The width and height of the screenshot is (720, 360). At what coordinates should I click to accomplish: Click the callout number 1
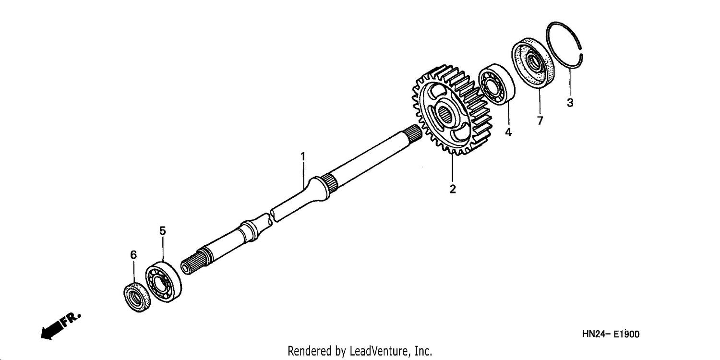[x=302, y=157]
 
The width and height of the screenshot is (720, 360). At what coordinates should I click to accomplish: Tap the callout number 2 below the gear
[x=453, y=189]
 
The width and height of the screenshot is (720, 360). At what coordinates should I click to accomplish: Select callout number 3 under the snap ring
[x=570, y=103]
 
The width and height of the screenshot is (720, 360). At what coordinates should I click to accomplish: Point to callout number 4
[x=508, y=132]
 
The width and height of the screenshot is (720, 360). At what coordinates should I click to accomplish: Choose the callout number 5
[x=163, y=231]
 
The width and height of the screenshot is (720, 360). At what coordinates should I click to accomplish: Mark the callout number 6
[x=133, y=255]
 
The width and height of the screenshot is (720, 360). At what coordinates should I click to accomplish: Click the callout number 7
[x=540, y=120]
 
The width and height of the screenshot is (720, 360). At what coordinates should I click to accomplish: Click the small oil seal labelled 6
[x=137, y=297]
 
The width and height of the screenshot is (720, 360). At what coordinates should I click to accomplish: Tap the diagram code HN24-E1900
[x=611, y=334]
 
